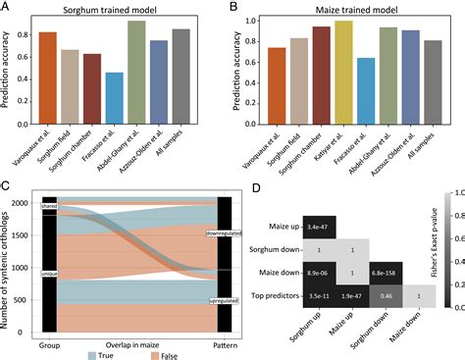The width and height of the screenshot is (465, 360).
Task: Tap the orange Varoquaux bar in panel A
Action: click(47, 78)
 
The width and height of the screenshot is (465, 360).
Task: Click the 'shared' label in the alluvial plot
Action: click(50, 207)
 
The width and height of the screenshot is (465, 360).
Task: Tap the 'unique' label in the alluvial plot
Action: click(50, 274)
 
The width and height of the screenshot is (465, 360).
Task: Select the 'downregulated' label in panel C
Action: click(217, 234)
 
